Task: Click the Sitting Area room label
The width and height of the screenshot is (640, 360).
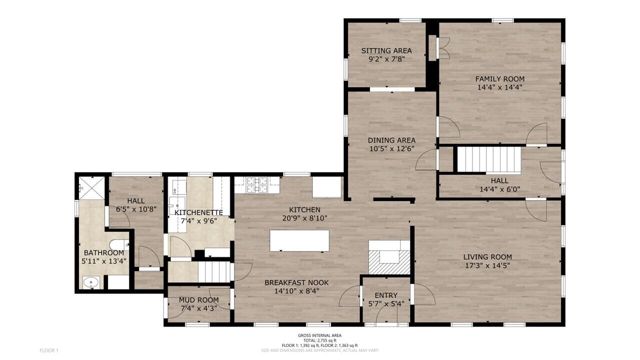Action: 386,51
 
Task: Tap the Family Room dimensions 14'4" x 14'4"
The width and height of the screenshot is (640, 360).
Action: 499,87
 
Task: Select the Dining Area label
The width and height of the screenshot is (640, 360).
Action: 391,140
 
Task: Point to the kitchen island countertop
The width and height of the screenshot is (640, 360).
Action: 299,241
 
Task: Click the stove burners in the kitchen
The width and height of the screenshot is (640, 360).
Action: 257,184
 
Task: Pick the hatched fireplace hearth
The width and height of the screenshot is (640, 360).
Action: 389,262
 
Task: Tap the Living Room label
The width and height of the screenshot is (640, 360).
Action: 487,257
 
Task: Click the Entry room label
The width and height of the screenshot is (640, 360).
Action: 386,295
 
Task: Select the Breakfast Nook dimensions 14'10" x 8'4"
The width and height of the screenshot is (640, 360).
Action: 296,291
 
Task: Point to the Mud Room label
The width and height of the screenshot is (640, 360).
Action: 198,300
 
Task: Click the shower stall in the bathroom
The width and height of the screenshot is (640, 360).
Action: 91,187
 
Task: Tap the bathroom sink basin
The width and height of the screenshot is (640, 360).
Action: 91,282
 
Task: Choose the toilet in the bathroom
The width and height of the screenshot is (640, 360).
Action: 119,245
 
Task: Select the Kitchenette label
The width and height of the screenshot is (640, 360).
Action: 198,213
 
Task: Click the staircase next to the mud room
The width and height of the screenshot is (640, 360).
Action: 214,272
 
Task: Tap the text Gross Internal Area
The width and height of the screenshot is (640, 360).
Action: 319,335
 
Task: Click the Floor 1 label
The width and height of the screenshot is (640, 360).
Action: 49,350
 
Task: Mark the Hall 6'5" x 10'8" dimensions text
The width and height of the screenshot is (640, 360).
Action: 136,209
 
